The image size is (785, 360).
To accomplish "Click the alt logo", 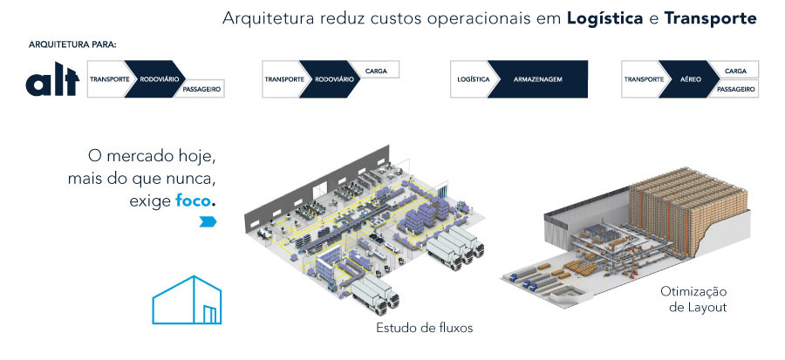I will [52, 81].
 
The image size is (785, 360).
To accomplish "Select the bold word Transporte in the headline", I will [711, 17].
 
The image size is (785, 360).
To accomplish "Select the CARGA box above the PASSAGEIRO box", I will [734, 69].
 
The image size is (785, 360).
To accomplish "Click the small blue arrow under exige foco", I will [207, 222].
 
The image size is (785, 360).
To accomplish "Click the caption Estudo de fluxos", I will [424, 329].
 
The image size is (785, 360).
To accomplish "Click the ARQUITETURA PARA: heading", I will [72, 44].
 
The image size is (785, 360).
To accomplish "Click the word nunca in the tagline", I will [190, 179].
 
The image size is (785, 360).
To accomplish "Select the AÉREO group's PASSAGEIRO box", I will [734, 89].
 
